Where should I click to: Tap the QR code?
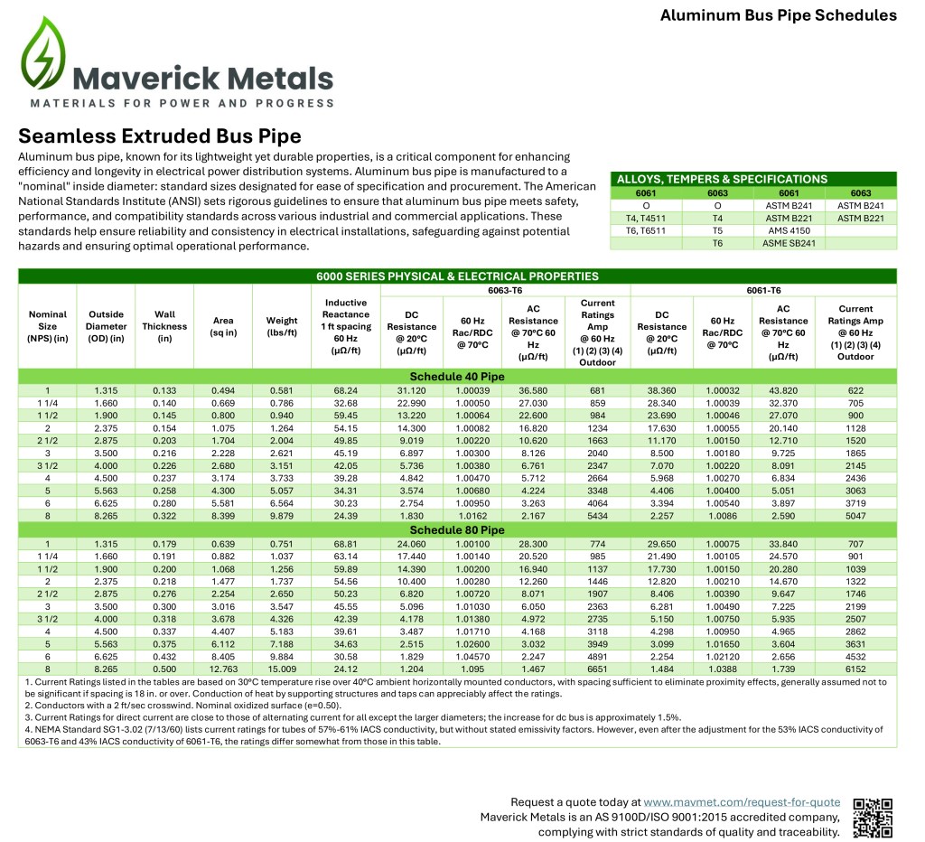873,818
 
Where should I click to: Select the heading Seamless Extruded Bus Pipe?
160,136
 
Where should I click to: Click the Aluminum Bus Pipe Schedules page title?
778,15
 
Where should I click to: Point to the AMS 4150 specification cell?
781,230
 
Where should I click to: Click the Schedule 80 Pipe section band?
457,530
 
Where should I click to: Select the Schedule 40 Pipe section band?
457,376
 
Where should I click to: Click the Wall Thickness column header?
164,326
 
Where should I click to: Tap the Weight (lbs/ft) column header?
282,326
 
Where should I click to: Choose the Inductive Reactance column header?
346,326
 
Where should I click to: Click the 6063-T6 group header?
507,291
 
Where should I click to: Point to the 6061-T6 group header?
763,291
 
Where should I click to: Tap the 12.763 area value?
223,669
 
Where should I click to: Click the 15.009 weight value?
282,669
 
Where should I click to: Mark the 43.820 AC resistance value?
783,390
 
